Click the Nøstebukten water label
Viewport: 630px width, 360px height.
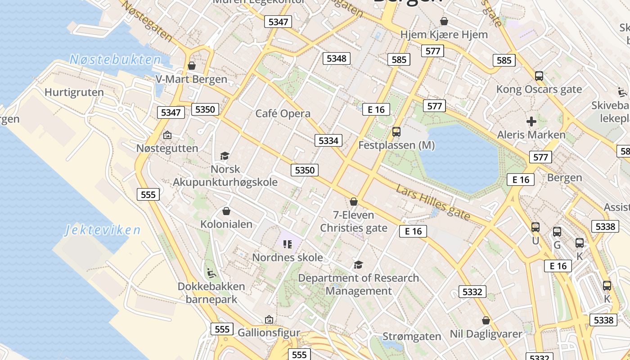(x=115, y=59)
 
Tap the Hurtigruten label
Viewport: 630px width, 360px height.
(x=74, y=92)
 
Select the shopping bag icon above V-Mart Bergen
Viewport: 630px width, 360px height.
(x=192, y=66)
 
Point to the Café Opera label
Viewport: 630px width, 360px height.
(x=283, y=113)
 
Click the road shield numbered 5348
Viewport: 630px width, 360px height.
(x=337, y=58)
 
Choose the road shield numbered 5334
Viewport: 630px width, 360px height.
(x=328, y=140)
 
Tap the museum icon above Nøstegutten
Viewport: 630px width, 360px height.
(x=167, y=135)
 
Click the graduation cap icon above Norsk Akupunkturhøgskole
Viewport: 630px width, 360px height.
(x=225, y=156)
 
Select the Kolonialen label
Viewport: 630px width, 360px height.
(x=226, y=224)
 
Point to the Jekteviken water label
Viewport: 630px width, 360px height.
(x=103, y=230)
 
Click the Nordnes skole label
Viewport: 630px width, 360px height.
(x=288, y=257)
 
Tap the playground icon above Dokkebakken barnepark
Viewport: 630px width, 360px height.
(x=211, y=273)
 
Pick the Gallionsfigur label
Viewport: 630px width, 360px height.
(x=269, y=333)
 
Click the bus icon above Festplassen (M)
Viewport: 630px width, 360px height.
(x=396, y=132)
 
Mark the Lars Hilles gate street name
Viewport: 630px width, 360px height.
(x=433, y=202)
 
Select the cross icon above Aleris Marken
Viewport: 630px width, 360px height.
(x=531, y=121)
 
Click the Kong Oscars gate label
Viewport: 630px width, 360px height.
(x=539, y=89)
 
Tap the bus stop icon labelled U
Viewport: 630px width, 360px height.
(x=535, y=227)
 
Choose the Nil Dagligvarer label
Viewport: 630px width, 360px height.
(x=486, y=334)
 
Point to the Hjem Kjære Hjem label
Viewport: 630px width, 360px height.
(x=444, y=34)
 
